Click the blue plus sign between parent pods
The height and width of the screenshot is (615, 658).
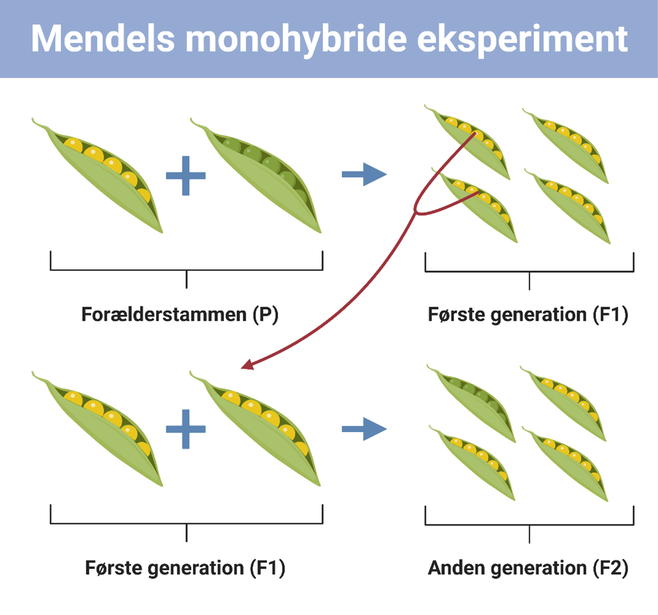[x=185, y=175]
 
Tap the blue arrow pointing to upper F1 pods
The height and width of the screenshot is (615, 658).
[x=364, y=175]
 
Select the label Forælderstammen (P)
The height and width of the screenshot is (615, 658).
[x=180, y=315]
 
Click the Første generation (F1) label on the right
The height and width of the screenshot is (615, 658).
[x=528, y=315]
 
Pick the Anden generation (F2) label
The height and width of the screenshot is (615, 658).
[x=528, y=568]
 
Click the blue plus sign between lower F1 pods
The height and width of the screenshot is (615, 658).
[x=185, y=429]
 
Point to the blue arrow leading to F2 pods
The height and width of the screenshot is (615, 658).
[x=364, y=430]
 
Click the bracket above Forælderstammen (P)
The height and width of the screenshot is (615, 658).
[x=186, y=269]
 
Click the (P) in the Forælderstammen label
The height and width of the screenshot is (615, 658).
[x=266, y=315]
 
